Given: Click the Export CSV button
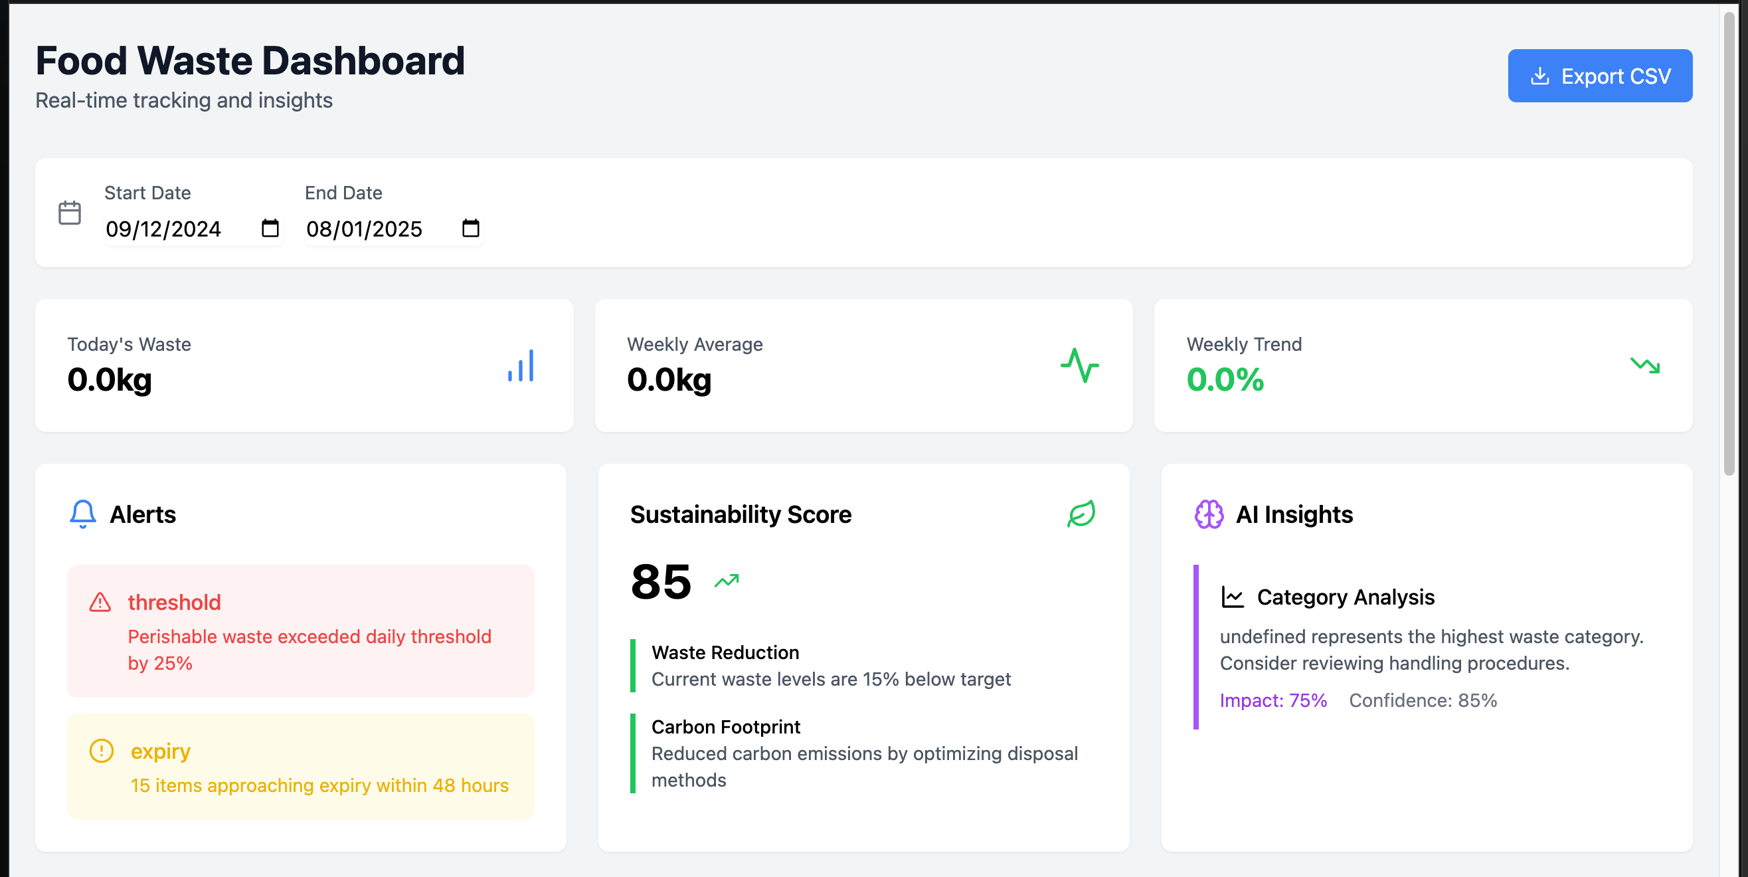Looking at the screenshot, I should point(1599,76).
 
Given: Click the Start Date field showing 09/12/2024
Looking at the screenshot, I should point(163,229).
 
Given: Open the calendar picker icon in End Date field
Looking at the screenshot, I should point(470,228).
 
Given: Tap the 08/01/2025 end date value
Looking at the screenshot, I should point(365,229).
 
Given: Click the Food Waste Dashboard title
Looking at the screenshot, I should point(250,61).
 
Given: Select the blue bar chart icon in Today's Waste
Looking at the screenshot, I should point(521,366).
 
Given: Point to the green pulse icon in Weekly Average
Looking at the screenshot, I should point(1080,366).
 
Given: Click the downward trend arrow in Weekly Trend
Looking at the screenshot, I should point(1645,366).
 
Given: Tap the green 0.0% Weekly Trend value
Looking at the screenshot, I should point(1225,379).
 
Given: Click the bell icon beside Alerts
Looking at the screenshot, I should point(83,514).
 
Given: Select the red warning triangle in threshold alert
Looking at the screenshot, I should point(100,602).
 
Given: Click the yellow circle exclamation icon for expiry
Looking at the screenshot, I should point(102,751).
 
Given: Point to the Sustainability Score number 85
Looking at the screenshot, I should point(660,583).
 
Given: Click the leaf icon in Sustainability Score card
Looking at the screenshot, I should point(1081,514).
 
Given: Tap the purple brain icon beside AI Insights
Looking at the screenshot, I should point(1209,514).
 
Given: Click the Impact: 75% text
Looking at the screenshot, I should point(1273,700).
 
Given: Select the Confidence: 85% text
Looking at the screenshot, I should point(1423,700).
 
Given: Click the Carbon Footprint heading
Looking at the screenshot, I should point(725,727).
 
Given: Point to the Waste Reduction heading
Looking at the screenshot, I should point(725,652).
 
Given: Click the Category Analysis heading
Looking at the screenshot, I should point(1345,597).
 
